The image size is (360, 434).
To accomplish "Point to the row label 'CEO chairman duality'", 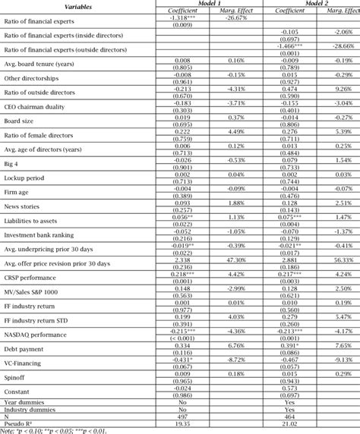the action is (38, 105).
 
